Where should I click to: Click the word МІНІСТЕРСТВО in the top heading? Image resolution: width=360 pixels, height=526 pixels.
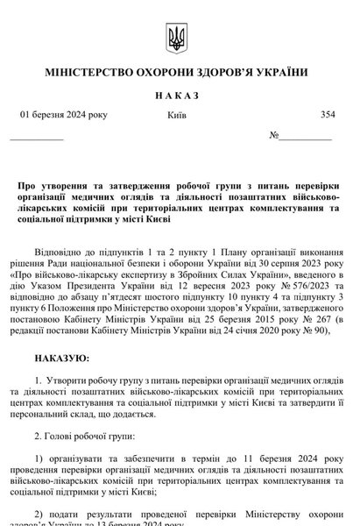point(88,71)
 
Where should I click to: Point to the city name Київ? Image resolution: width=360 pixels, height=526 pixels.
point(173,116)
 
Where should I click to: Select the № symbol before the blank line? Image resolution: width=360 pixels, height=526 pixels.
point(274,136)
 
